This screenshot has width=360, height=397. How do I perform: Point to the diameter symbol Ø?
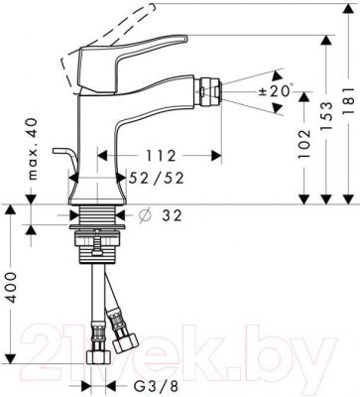(145, 213)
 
